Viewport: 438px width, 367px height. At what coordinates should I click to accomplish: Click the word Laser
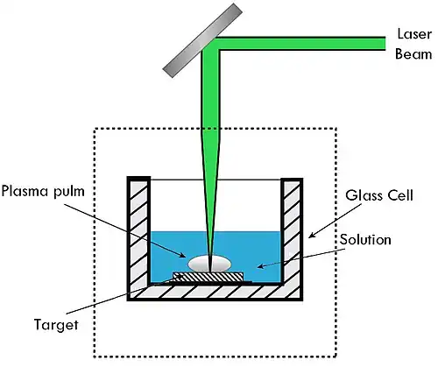pyautogui.click(x=414, y=34)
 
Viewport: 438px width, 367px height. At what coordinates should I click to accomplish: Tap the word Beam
pyautogui.click(x=413, y=54)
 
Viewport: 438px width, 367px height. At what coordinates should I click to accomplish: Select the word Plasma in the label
pyautogui.click(x=25, y=191)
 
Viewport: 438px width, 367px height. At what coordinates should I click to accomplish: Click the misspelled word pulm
pyautogui.click(x=69, y=192)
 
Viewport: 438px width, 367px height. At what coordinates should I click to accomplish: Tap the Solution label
pyautogui.click(x=365, y=240)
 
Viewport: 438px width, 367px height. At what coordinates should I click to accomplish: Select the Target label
pyautogui.click(x=56, y=325)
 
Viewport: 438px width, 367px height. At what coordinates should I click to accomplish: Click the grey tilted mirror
pyautogui.click(x=202, y=40)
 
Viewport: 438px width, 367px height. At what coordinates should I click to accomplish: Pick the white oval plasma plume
pyautogui.click(x=209, y=264)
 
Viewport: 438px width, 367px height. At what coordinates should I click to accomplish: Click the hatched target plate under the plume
pyautogui.click(x=208, y=277)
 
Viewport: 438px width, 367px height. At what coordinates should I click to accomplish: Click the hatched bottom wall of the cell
pyautogui.click(x=215, y=293)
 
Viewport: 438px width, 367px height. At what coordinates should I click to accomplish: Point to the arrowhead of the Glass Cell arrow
pyautogui.click(x=312, y=236)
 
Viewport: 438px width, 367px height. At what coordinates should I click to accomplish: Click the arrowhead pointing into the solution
pyautogui.click(x=261, y=266)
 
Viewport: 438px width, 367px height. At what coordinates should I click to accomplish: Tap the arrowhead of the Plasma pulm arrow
pyautogui.click(x=182, y=256)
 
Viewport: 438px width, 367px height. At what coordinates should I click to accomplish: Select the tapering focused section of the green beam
pyautogui.click(x=210, y=200)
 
